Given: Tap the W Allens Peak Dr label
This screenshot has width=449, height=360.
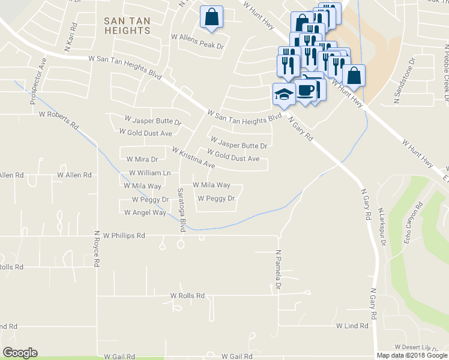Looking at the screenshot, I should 197,37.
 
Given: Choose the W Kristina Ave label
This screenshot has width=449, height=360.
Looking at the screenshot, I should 193,157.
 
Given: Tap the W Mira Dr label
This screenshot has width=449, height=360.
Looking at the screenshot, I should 142,159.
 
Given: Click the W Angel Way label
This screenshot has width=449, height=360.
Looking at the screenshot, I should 145,212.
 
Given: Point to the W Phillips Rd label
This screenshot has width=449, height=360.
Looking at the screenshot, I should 124,236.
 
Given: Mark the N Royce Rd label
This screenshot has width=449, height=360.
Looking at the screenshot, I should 97,248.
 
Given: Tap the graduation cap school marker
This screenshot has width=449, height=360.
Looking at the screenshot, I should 283,92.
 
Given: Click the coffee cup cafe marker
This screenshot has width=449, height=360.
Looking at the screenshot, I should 306,90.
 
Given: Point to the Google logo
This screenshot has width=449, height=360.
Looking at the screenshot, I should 20,353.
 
